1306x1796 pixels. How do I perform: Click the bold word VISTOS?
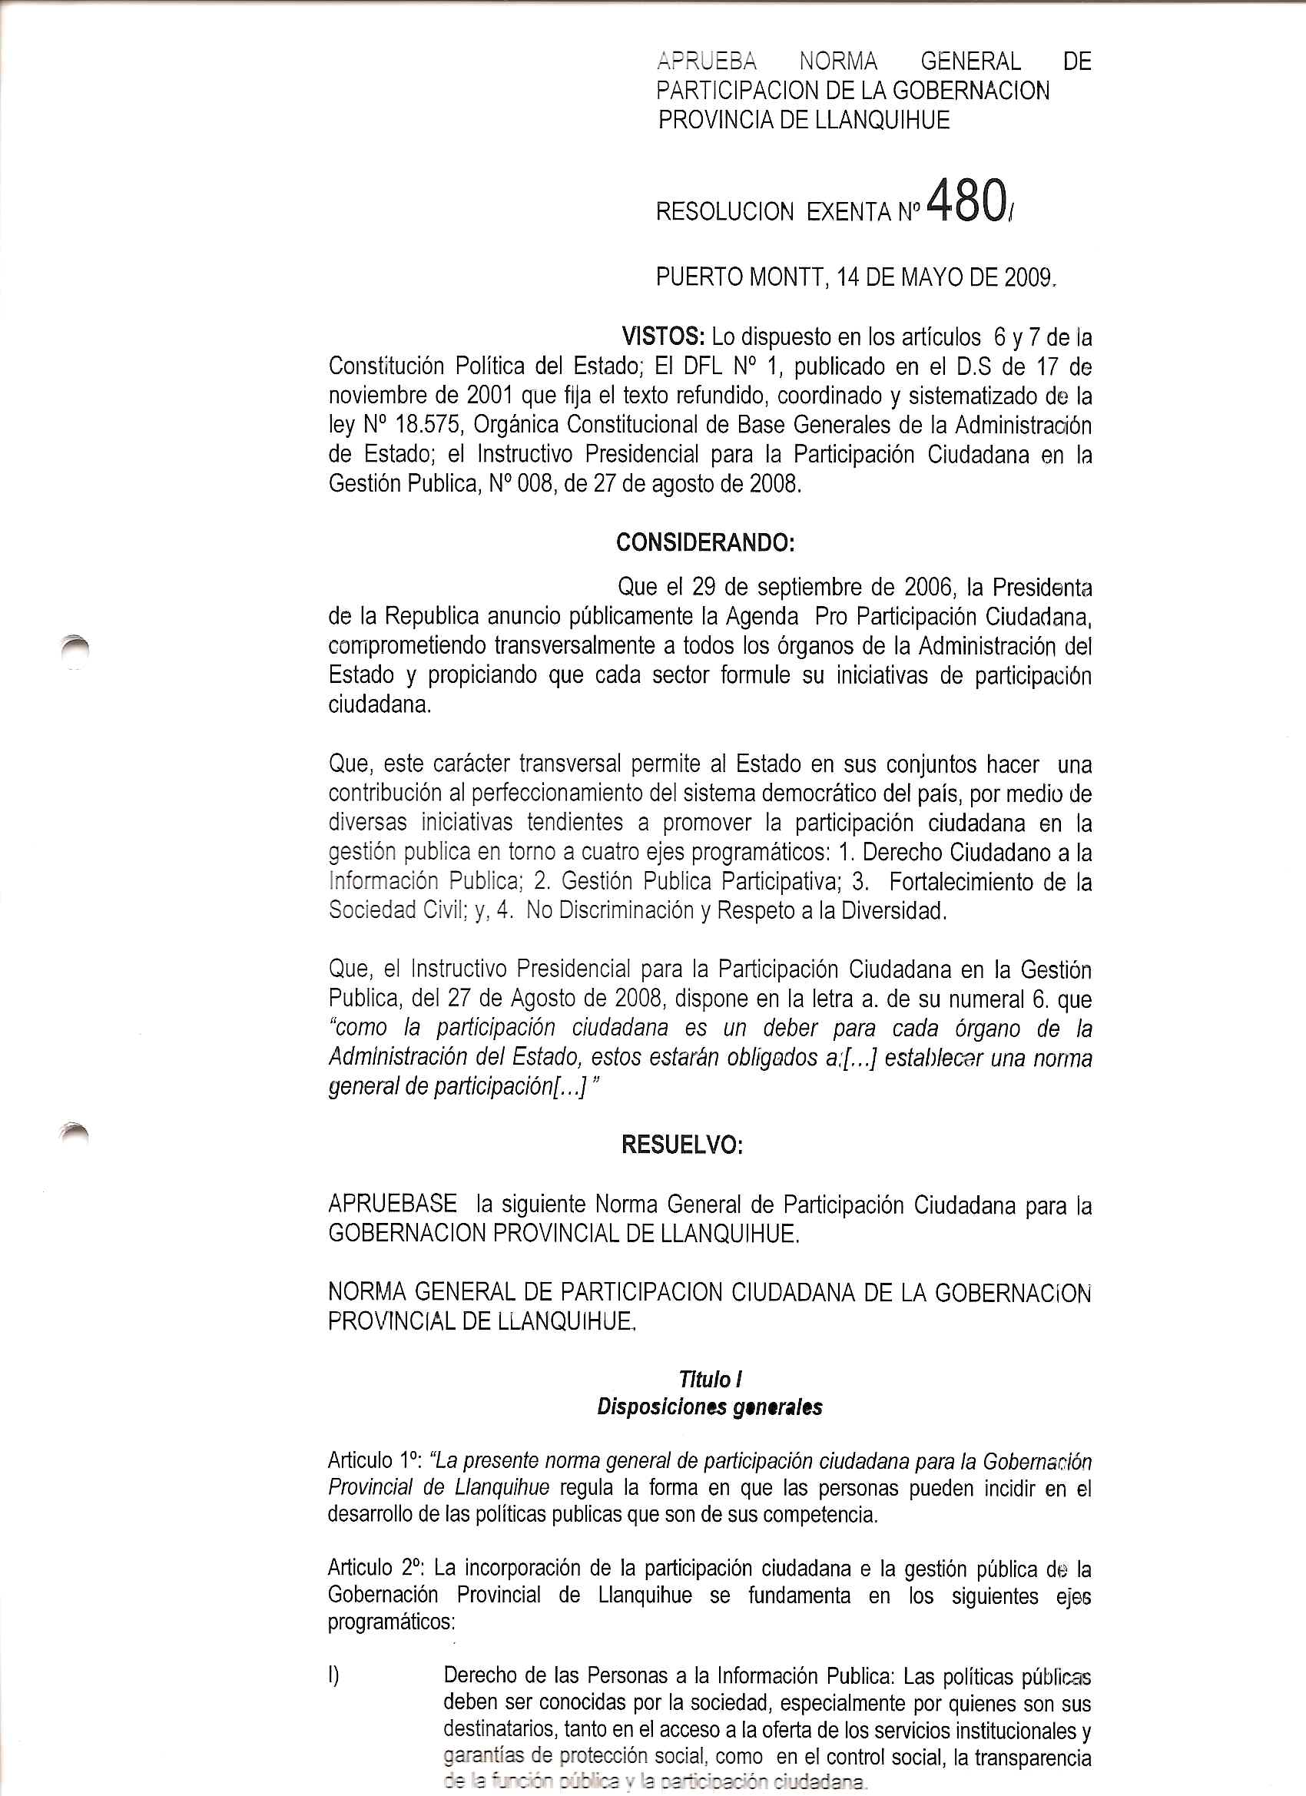pyautogui.click(x=663, y=337)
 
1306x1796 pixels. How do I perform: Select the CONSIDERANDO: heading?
pyautogui.click(x=705, y=542)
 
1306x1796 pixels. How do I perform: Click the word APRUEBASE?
pyautogui.click(x=392, y=1205)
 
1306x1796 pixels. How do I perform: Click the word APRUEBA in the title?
pyautogui.click(x=707, y=61)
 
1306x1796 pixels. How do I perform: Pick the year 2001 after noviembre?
pyautogui.click(x=491, y=395)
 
